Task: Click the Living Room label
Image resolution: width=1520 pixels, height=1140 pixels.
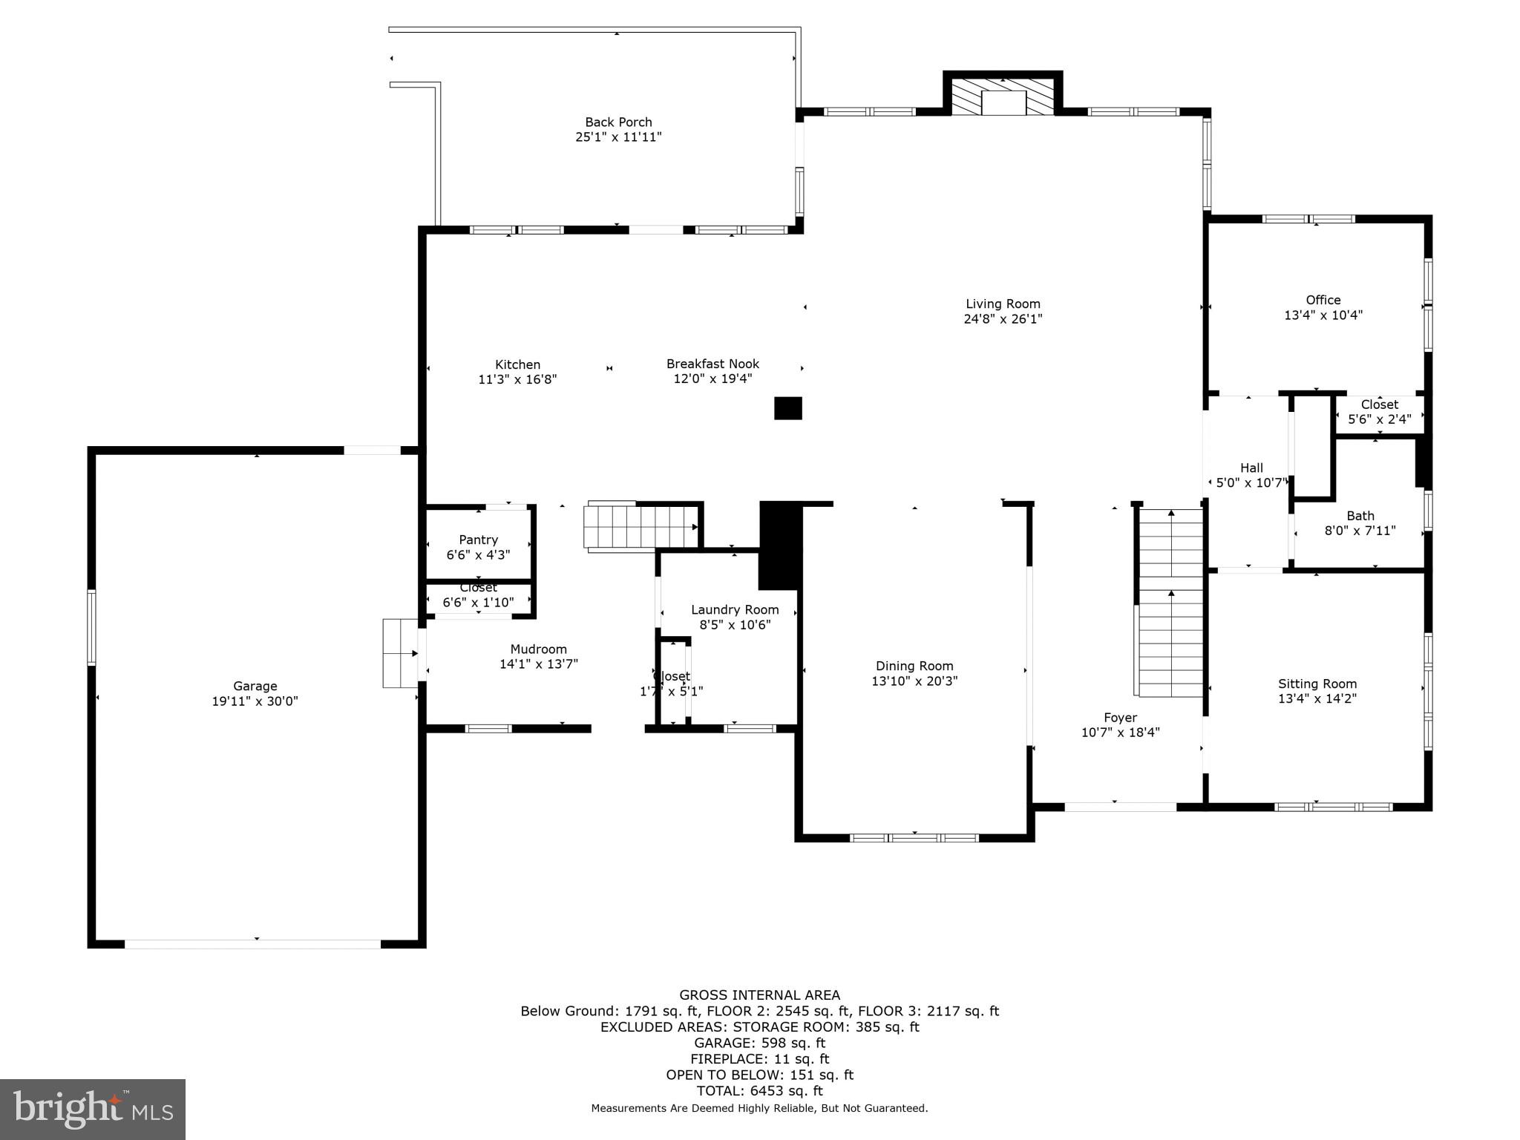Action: [1003, 304]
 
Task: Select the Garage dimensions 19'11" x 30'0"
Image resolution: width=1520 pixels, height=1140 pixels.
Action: [255, 701]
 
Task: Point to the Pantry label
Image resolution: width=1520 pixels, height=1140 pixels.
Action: [478, 540]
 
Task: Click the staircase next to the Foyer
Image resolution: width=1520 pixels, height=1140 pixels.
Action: [1170, 603]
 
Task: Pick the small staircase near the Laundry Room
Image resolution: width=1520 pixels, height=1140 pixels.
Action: [641, 526]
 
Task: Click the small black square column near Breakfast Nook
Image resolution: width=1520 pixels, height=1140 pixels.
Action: [788, 408]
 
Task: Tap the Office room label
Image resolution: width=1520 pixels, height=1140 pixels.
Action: [1323, 300]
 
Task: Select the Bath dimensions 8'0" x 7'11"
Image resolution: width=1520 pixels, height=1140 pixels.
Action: [1360, 531]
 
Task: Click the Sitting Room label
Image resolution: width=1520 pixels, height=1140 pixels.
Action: [1317, 684]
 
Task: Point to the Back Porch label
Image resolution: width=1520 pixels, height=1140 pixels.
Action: [618, 122]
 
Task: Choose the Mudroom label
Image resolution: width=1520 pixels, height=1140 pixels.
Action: [538, 649]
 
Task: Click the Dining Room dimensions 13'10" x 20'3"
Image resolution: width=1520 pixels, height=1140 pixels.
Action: [914, 681]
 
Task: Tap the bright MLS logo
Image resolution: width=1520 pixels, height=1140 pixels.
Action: [93, 1109]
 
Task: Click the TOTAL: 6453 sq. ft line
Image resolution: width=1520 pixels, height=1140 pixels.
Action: [759, 1090]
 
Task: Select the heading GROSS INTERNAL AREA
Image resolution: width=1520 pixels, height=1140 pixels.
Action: [759, 995]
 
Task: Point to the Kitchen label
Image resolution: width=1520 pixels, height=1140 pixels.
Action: [517, 364]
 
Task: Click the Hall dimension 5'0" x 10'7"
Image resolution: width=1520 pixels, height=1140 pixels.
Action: [1251, 483]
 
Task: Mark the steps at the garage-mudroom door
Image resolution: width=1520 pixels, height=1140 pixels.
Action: [400, 654]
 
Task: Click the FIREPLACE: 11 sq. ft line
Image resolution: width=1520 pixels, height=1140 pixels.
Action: [759, 1058]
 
